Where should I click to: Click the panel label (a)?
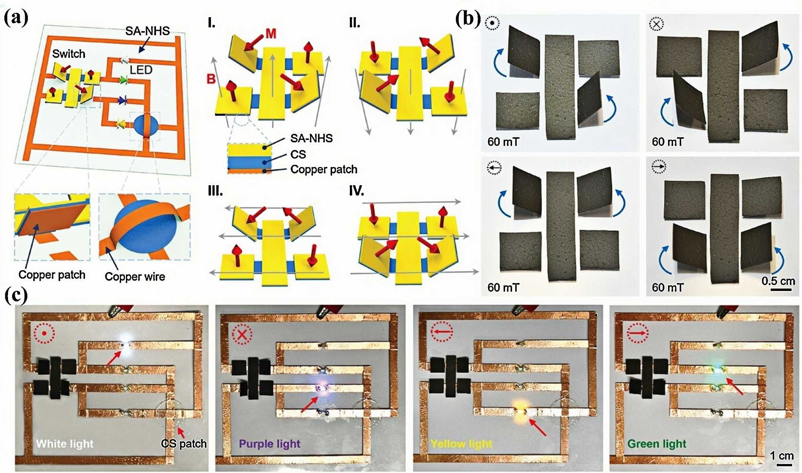(x=16, y=18)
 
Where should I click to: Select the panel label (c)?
(x=16, y=295)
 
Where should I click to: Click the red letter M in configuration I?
(x=271, y=34)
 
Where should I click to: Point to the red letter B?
(x=211, y=79)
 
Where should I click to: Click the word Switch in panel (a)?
(x=69, y=54)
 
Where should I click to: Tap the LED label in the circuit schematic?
(x=141, y=70)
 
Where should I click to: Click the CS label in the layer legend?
(x=298, y=154)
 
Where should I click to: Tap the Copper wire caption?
(x=135, y=277)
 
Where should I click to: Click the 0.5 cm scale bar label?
(x=778, y=281)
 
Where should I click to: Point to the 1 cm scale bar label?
(x=782, y=456)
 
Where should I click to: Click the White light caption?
(x=65, y=444)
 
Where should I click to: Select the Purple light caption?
(x=269, y=444)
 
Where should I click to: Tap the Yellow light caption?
(x=461, y=444)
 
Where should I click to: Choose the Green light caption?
(x=657, y=444)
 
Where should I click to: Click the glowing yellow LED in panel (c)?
(x=520, y=411)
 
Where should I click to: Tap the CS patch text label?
(x=184, y=444)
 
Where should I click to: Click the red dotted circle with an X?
(x=242, y=334)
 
